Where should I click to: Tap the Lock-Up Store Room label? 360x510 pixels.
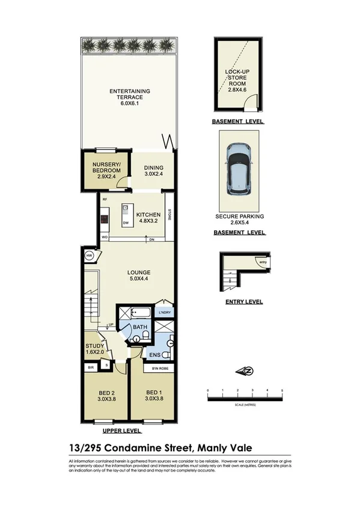(x=237, y=79)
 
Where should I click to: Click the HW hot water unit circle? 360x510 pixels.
(x=89, y=255)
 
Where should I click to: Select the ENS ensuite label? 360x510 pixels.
(x=154, y=355)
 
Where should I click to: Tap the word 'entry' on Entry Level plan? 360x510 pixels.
(x=263, y=262)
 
